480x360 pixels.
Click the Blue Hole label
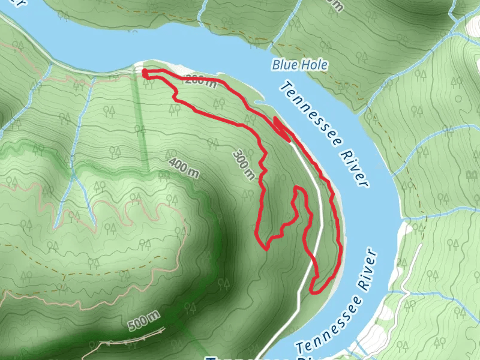299,65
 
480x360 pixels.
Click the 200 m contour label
200,80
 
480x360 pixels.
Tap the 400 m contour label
184,169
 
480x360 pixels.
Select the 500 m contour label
145,320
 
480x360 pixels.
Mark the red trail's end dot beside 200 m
145,73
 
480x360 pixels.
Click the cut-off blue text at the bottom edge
252,358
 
